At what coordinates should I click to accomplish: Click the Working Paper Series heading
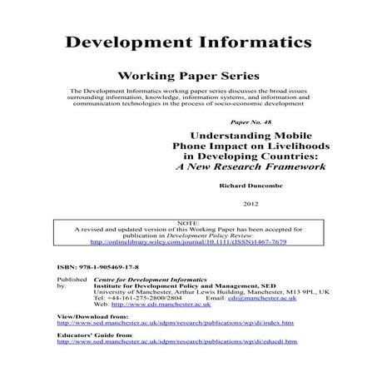(188, 74)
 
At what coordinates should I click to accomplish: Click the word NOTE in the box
(188, 221)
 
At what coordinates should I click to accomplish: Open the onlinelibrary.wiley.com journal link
(188, 242)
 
